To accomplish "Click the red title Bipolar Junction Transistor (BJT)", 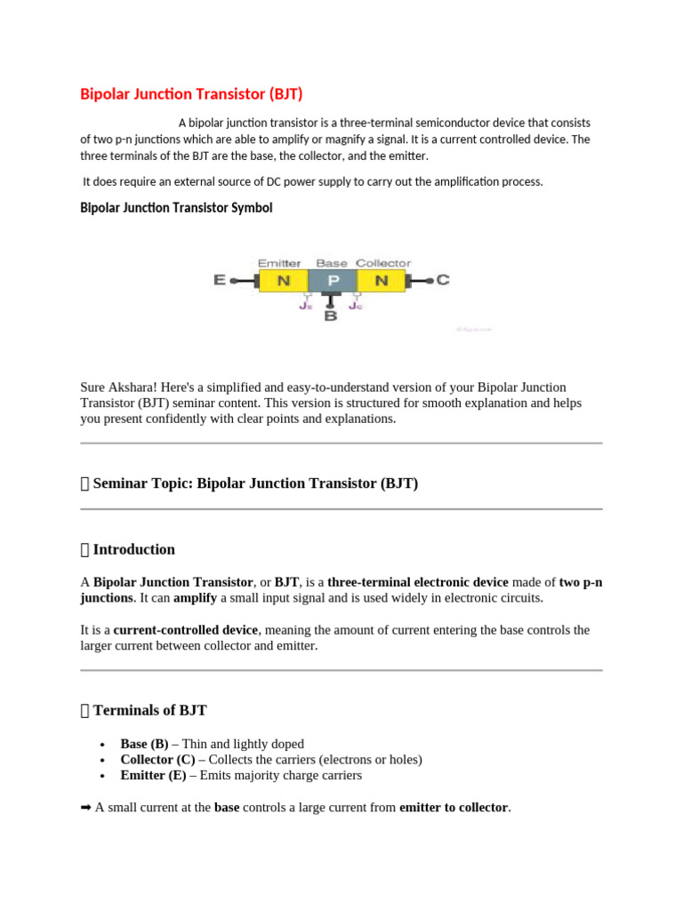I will point(197,93).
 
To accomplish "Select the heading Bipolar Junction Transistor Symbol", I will point(176,208).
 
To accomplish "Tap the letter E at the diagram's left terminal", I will point(219,280).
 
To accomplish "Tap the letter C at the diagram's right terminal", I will point(443,280).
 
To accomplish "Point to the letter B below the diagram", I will point(331,315).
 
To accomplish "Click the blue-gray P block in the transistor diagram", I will point(332,281).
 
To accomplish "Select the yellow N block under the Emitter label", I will point(284,281).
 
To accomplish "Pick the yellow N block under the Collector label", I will point(381,281).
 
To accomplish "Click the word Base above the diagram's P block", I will point(332,263).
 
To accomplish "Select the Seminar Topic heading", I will point(254,483).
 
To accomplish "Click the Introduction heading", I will point(133,549).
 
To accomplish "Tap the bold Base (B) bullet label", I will point(144,744).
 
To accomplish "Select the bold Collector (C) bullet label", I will point(157,760).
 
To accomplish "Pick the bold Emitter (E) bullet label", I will point(153,775).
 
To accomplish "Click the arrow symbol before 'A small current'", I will point(86,808).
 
